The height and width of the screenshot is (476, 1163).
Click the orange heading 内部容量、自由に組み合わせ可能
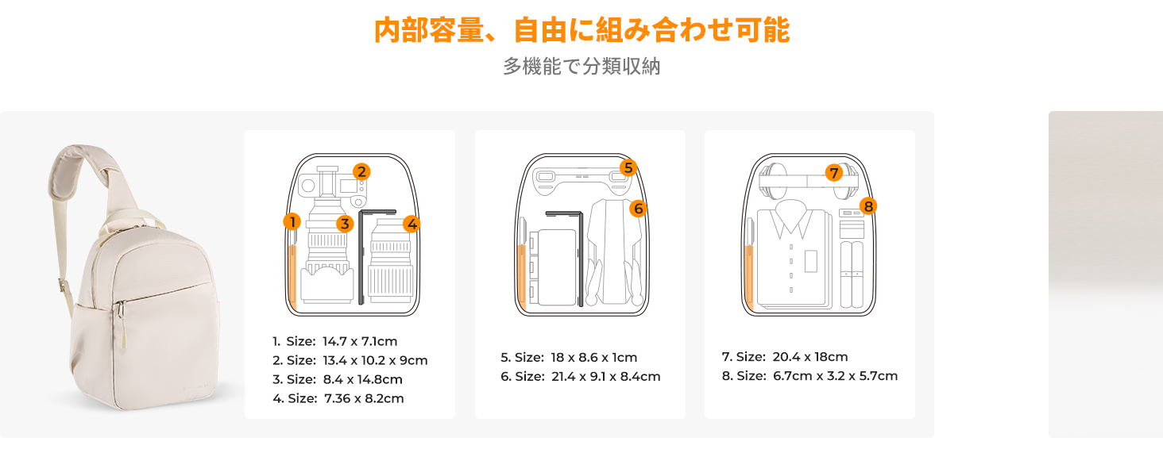point(581,30)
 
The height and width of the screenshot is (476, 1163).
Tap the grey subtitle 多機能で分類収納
point(581,67)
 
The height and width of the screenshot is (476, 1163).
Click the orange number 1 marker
point(292,222)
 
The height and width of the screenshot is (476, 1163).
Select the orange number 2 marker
point(361,171)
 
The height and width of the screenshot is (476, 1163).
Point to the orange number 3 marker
point(345,224)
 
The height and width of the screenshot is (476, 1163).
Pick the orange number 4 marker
point(411,224)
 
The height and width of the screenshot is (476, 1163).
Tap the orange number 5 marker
point(628,168)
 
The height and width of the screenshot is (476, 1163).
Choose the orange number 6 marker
point(638,209)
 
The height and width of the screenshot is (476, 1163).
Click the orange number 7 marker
point(834,173)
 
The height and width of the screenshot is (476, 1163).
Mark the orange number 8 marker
point(868,206)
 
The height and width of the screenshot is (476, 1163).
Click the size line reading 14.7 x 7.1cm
point(335,341)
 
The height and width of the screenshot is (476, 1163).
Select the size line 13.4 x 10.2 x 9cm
point(350,360)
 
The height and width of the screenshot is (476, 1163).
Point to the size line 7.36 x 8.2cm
point(338,398)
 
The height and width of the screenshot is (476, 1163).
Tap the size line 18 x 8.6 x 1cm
point(569,357)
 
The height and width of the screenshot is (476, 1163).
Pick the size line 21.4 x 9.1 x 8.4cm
point(581,377)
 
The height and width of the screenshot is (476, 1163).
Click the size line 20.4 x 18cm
point(785,357)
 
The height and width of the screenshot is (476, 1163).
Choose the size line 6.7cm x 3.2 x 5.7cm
point(809,376)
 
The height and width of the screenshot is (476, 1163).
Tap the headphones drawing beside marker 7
point(808,182)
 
